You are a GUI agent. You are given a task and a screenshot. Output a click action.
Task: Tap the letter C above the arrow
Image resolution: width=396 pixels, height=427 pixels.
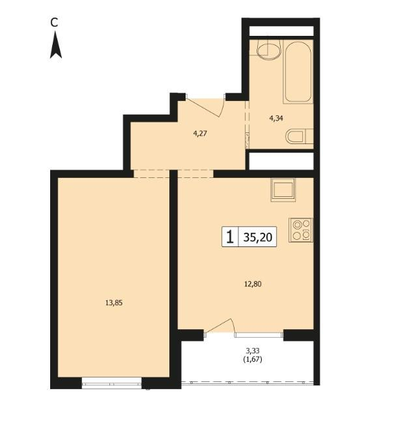55,23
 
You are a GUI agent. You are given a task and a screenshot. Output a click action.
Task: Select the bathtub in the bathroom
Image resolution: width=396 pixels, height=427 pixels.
298,72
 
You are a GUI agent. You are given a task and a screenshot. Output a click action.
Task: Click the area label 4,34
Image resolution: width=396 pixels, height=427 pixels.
276,118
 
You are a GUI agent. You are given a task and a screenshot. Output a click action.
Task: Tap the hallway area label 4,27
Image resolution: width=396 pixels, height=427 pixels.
200,134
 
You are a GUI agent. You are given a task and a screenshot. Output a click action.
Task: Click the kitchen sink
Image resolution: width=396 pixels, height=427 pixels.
283,190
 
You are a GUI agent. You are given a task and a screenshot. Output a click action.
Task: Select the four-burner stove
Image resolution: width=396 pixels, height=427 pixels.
301,230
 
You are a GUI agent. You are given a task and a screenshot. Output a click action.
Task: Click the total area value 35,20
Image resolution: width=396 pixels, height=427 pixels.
258,237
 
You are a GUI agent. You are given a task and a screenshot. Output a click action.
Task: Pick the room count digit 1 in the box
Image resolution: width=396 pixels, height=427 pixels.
230,237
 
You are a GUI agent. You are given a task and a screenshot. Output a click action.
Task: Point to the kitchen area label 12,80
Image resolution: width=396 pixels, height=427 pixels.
253,284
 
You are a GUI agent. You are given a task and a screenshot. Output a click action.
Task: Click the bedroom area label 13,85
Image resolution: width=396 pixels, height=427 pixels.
114,303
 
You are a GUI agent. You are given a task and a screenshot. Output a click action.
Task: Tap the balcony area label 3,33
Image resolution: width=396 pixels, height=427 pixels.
253,350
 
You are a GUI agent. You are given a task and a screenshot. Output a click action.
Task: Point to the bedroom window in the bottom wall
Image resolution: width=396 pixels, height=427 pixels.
111,383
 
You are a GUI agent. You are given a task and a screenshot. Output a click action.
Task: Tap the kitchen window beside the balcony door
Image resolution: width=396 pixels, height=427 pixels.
259,335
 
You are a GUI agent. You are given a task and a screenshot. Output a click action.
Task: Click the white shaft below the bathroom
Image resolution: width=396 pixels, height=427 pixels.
281,161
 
